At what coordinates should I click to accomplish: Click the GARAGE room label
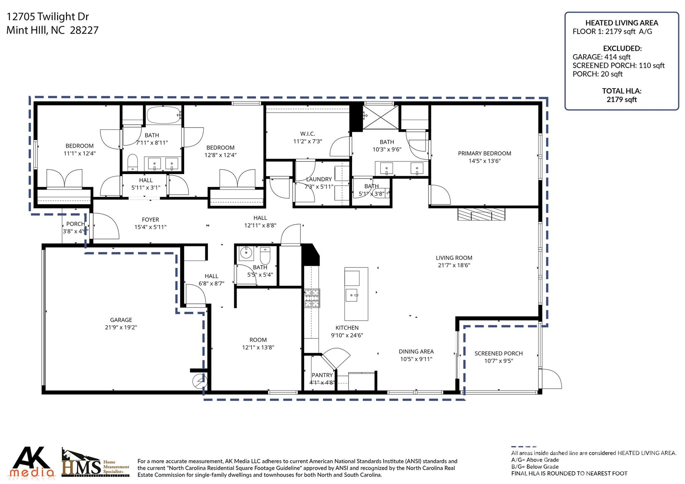tap(121, 320)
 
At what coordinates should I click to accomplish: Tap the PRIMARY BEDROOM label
tap(484, 154)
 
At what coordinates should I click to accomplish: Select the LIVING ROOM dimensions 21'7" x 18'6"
tap(454, 265)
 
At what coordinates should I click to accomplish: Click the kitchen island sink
tap(352, 295)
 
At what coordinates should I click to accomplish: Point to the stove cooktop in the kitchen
tap(312, 298)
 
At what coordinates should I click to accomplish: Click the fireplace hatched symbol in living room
tap(481, 214)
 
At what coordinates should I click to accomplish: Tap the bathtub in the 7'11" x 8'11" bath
tap(164, 115)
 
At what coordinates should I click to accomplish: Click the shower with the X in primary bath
tap(381, 117)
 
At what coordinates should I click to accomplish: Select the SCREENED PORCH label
tap(498, 353)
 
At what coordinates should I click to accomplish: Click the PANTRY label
tap(322, 375)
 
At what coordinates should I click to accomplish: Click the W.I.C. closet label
tap(307, 134)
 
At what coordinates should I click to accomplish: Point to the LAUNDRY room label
tap(319, 179)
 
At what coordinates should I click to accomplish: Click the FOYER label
tap(150, 220)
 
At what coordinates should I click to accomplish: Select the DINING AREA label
tap(416, 352)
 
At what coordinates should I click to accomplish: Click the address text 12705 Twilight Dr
tap(47, 16)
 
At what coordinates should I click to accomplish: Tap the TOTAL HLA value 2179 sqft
tap(621, 100)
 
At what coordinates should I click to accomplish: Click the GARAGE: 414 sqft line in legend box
tap(601, 57)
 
